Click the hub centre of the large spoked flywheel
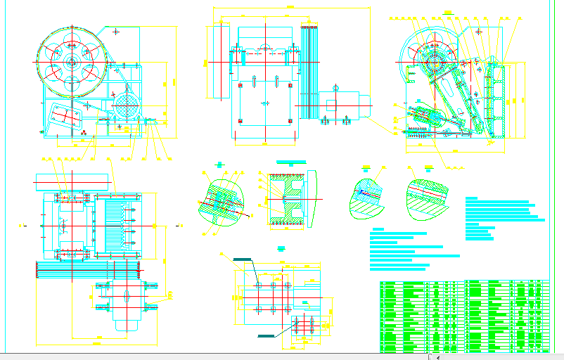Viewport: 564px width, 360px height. tap(72, 62)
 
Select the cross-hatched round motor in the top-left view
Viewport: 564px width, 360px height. tap(127, 108)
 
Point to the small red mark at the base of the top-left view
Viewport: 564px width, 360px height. tap(83, 131)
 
